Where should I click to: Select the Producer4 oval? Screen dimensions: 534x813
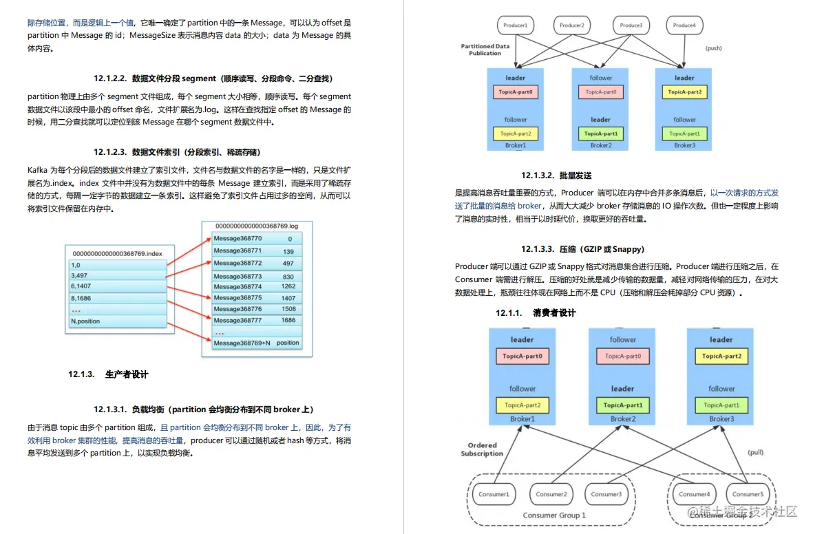pyautogui.click(x=684, y=25)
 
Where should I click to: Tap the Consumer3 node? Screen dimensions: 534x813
pyautogui.click(x=606, y=494)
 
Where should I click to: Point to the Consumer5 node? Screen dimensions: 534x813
pyautogui.click(x=747, y=494)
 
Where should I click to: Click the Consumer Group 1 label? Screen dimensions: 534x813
pyautogui.click(x=554, y=515)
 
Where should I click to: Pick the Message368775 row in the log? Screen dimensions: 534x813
pyautogui.click(x=237, y=297)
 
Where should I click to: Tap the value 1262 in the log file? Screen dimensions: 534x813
pyautogui.click(x=288, y=286)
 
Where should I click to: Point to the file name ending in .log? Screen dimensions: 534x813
pyautogui.click(x=256, y=226)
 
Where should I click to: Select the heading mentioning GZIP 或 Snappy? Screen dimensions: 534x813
pyautogui.click(x=582, y=248)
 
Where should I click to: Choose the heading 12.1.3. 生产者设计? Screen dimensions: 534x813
pyautogui.click(x=108, y=374)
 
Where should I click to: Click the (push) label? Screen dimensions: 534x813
pyautogui.click(x=713, y=48)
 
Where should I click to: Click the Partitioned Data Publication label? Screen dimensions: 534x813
pyautogui.click(x=485, y=50)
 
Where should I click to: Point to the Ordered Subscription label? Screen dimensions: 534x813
pyautogui.click(x=482, y=449)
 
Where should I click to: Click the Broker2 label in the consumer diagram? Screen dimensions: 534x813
pyautogui.click(x=622, y=418)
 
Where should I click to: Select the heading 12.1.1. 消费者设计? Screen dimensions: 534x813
pyautogui.click(x=536, y=313)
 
